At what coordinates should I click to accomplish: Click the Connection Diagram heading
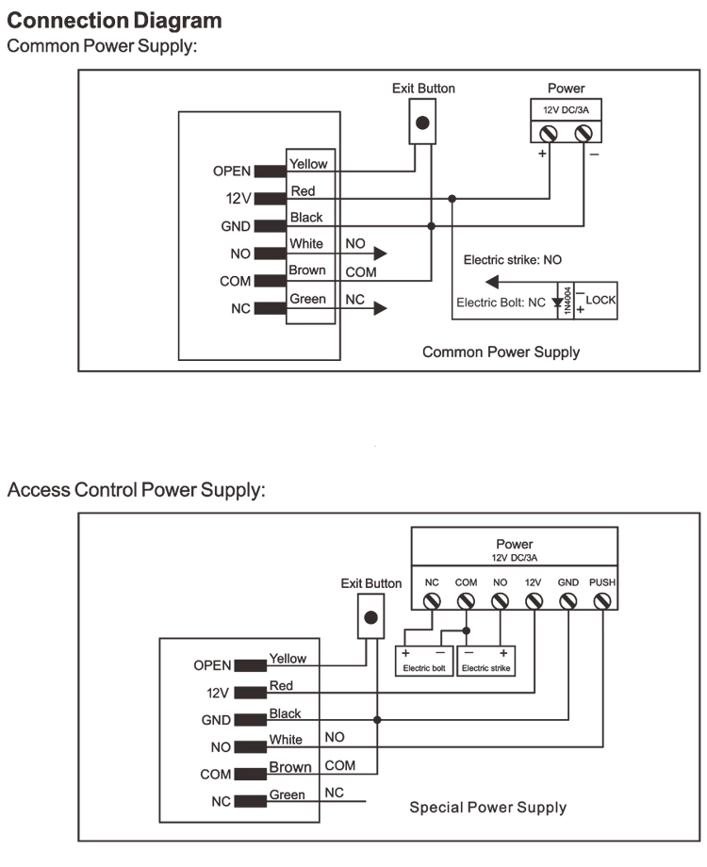tap(114, 21)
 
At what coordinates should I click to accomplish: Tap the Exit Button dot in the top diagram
tap(422, 123)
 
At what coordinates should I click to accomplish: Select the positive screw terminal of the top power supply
tap(549, 133)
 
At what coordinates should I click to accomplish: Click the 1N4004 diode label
tap(567, 301)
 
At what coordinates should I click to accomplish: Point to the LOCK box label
tap(600, 300)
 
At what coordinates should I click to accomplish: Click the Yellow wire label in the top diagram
tap(308, 164)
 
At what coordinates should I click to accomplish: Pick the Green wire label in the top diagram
tap(307, 299)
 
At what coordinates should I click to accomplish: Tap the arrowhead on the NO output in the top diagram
tap(380, 254)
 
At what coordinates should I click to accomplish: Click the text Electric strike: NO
tap(512, 260)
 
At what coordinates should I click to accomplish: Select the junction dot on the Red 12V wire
tap(452, 199)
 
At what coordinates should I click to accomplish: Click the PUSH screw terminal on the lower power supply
tap(601, 601)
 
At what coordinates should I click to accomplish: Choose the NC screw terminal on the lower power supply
tap(432, 601)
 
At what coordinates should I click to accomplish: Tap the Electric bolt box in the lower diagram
tap(424, 661)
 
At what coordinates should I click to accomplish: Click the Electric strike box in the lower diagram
tap(486, 661)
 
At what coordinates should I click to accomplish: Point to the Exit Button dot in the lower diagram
tap(371, 617)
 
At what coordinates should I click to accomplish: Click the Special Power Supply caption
tap(488, 808)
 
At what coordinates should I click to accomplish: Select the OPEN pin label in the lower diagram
tap(212, 665)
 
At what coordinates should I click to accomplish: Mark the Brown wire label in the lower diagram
tap(290, 767)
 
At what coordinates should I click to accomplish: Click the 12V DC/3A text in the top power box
tap(566, 110)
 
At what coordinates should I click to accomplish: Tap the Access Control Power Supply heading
tap(136, 490)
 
